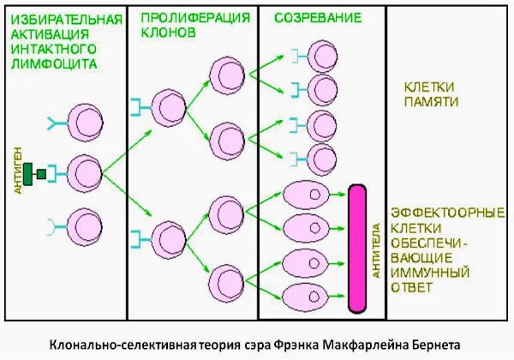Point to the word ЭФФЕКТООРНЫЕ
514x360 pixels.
tap(446, 212)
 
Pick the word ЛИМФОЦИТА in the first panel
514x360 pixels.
tap(51, 63)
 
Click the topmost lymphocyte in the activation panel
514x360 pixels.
tap(83, 121)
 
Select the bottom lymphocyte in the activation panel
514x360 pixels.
tap(83, 226)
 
